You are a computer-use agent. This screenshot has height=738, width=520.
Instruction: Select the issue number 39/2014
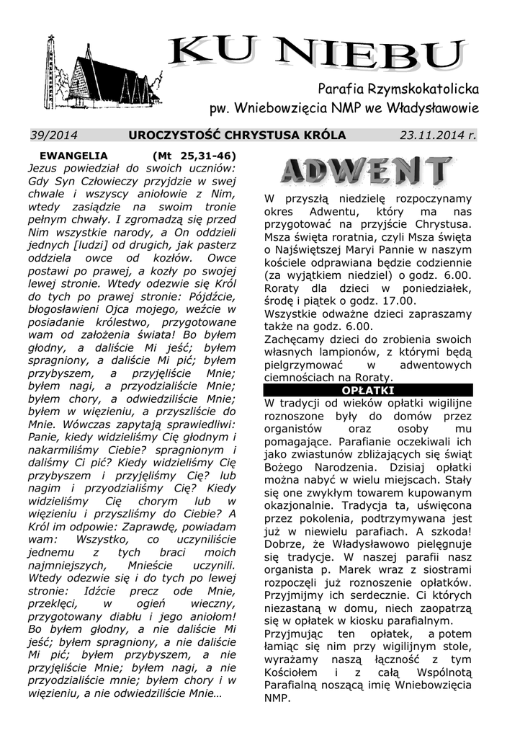point(54,135)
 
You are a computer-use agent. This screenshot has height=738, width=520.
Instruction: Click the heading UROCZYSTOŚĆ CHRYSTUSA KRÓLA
point(237,135)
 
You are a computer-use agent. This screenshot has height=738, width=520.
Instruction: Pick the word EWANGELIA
point(74,155)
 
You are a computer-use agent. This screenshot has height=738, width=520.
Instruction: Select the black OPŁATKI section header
point(367,390)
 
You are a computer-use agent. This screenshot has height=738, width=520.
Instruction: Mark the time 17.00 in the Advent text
point(398,301)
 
